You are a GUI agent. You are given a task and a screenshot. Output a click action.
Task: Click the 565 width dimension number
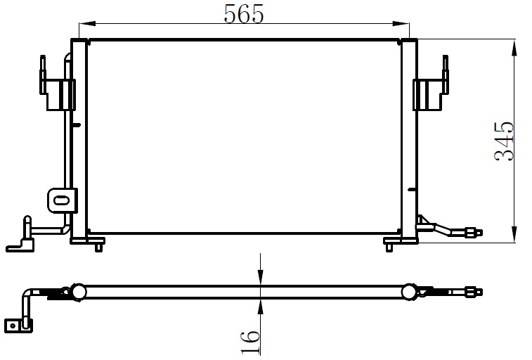[244, 14]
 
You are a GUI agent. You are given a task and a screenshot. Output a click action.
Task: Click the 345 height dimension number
[504, 141]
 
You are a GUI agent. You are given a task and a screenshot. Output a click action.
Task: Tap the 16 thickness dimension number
[250, 342]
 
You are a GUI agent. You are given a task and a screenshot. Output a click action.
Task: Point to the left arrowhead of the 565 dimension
[87, 24]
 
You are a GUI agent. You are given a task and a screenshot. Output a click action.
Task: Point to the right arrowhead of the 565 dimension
[401, 24]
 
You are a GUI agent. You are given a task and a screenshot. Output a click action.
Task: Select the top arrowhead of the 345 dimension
[514, 48]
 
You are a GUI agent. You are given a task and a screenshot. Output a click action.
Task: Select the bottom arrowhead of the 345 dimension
[514, 233]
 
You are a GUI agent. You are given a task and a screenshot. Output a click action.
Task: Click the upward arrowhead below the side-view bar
[260, 307]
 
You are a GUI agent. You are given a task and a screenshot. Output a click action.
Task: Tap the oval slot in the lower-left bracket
[61, 200]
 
